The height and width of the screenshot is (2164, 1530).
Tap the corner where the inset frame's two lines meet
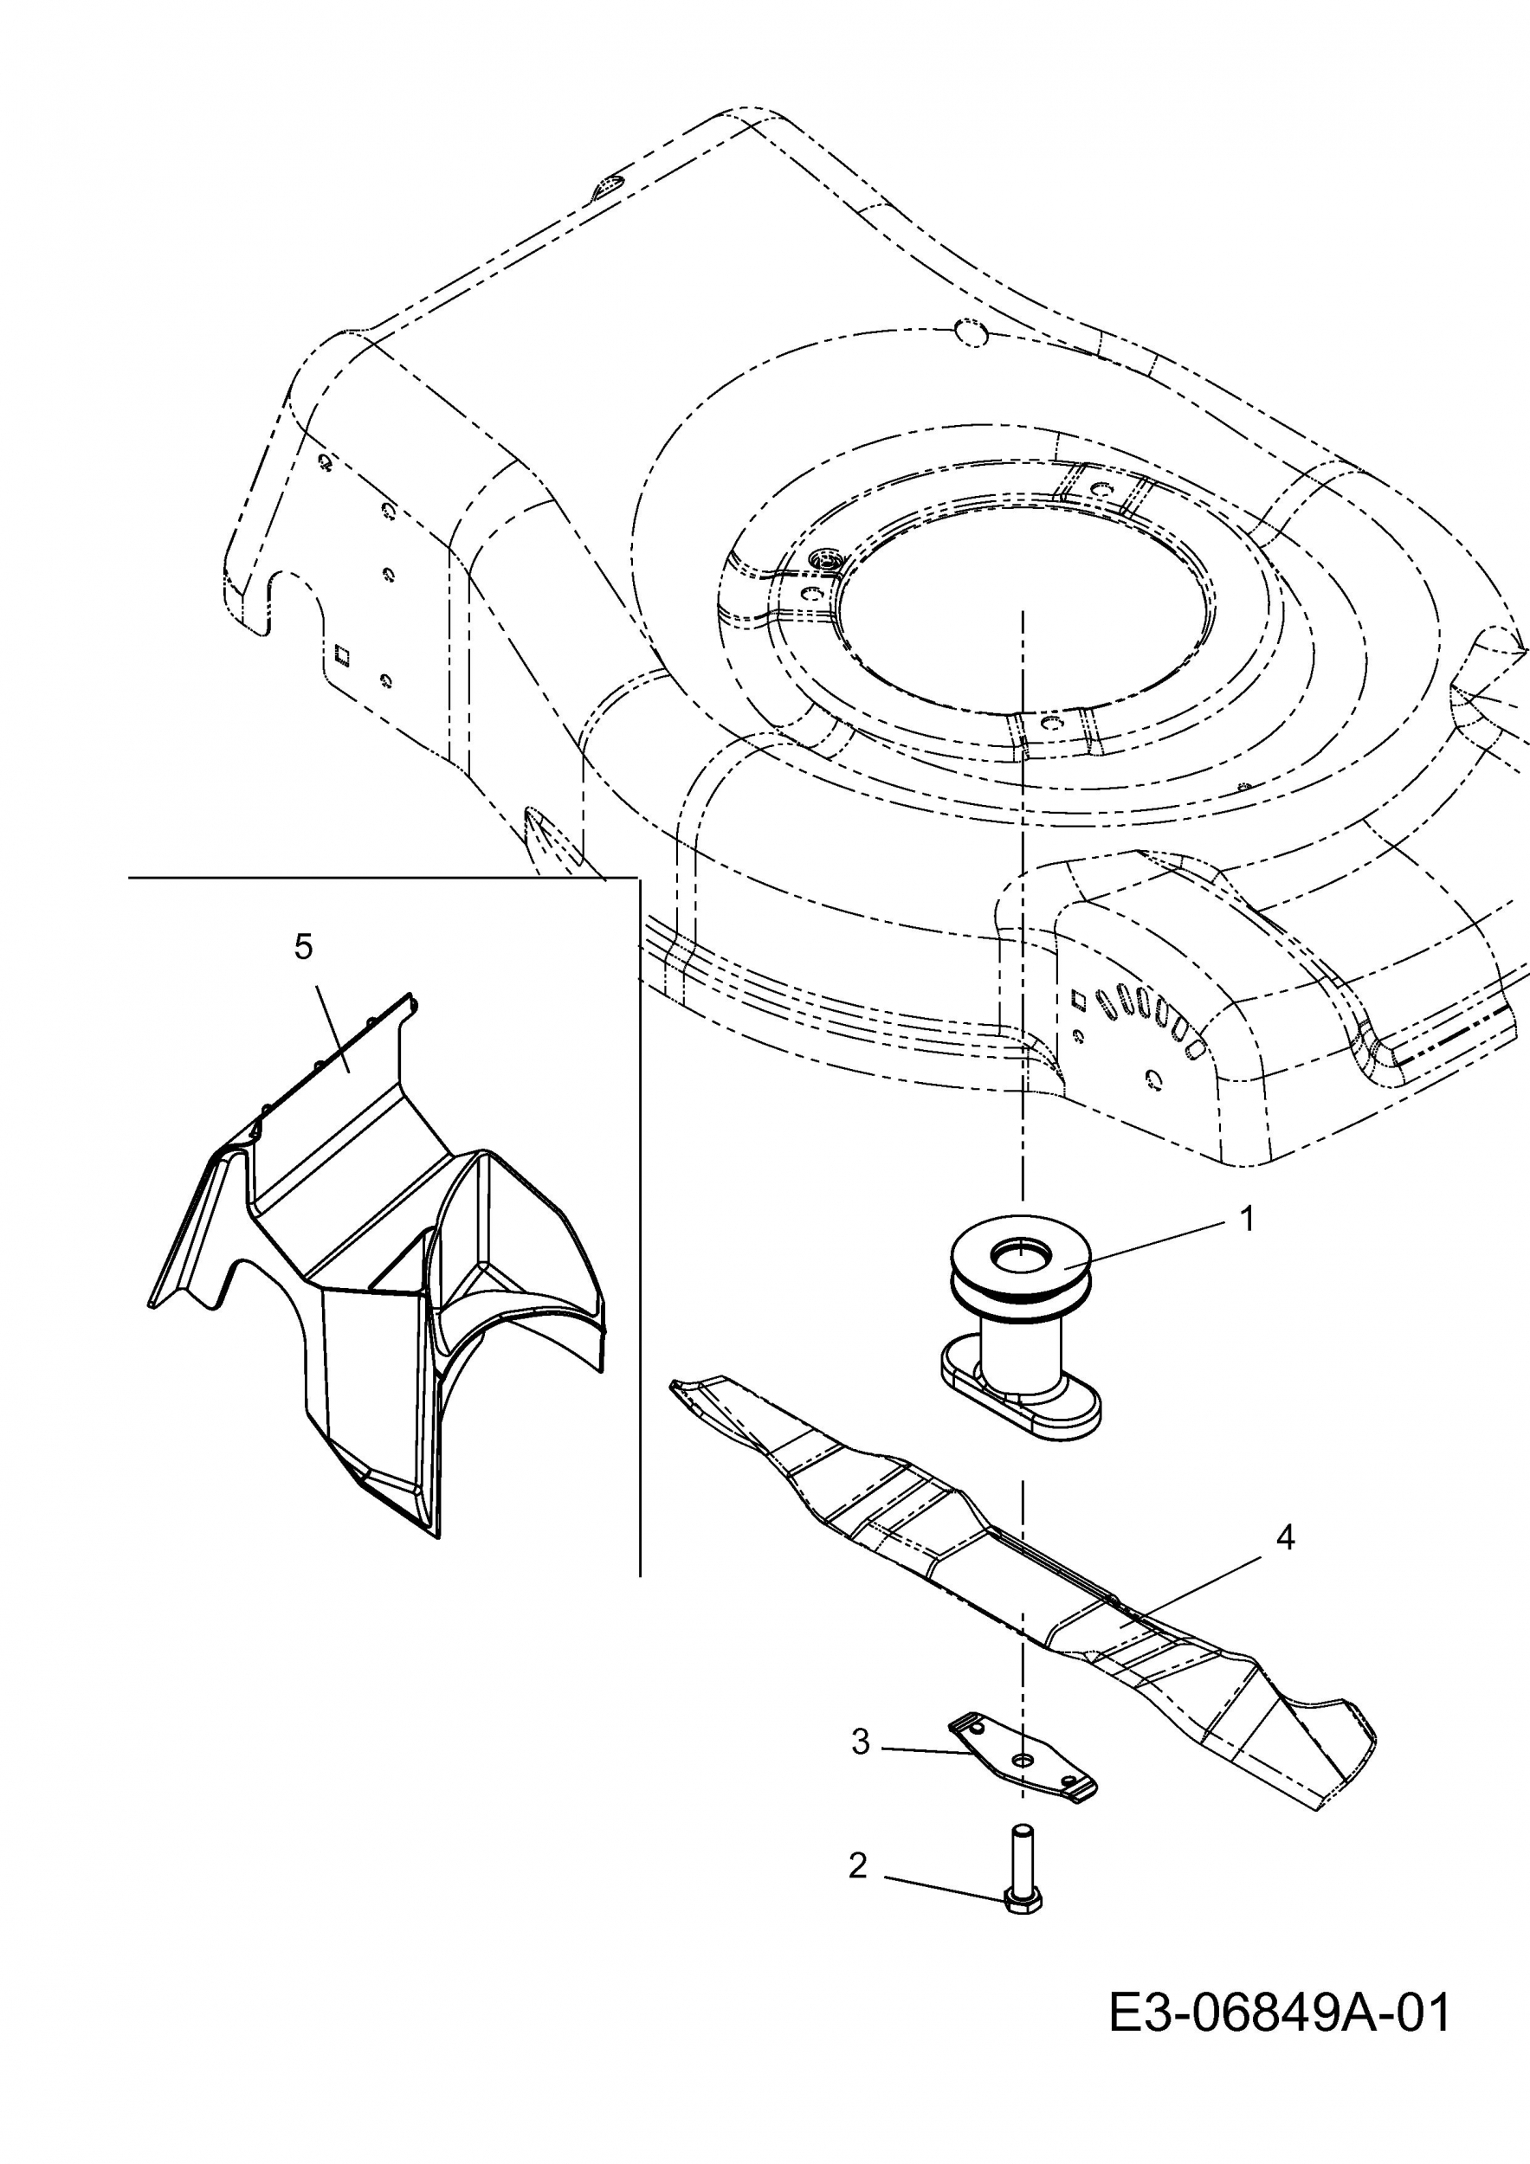(x=639, y=878)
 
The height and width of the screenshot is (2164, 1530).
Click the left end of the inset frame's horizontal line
(x=128, y=878)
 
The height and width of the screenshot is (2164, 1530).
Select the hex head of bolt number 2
(x=1022, y=1903)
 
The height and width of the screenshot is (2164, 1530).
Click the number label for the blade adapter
(x=1247, y=1219)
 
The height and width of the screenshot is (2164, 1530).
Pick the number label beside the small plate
(x=860, y=1742)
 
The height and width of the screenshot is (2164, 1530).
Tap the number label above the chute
(x=302, y=946)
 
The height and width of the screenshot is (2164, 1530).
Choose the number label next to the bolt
(x=857, y=1865)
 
